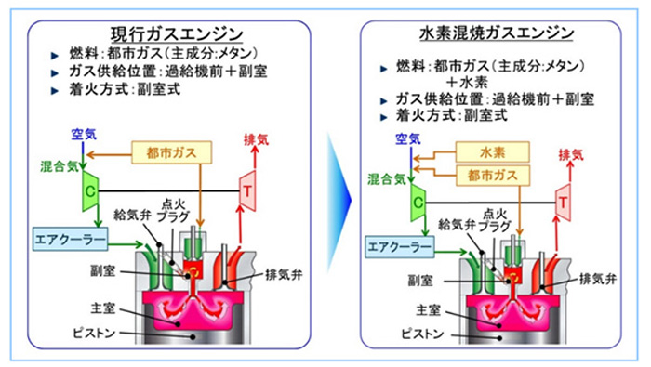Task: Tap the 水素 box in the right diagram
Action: [x=491, y=151]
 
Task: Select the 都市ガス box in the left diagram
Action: [x=173, y=150]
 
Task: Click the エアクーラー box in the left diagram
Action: [x=71, y=239]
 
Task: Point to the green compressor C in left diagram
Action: [x=91, y=187]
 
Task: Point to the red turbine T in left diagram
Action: [x=248, y=186]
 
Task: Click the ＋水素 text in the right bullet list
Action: [x=466, y=82]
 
